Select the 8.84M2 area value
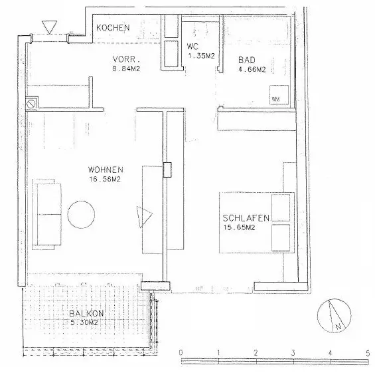125,67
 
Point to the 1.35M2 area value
200,56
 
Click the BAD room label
247,59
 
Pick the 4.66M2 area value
252,68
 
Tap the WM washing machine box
276,98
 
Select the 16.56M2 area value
103,178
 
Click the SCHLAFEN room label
246,218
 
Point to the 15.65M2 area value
240,228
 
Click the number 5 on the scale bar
367,352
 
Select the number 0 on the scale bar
181,352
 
